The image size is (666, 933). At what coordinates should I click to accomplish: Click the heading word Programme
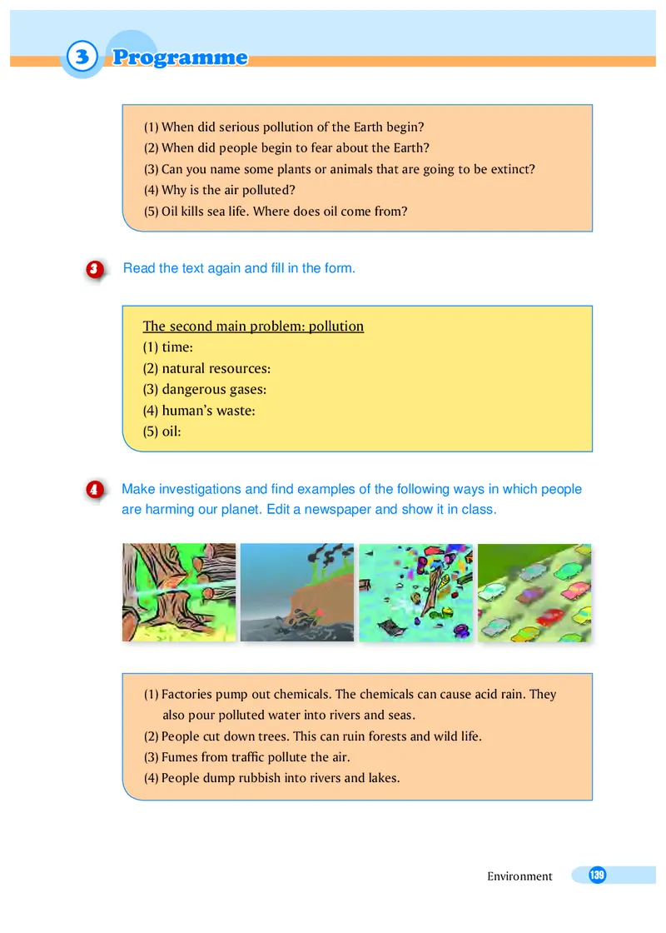pos(180,57)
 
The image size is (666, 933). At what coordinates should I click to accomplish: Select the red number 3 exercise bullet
pos(94,269)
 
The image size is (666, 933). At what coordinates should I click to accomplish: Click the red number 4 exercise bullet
pos(94,490)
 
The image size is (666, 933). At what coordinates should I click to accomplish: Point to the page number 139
pos(596,875)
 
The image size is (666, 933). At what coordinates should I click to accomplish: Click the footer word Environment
pos(519,876)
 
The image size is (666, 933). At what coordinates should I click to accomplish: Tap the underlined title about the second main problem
pos(253,327)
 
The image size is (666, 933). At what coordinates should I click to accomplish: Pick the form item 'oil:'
pos(162,432)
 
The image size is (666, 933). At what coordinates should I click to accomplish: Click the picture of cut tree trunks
pos(179,592)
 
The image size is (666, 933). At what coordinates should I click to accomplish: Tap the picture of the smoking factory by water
pos(296,592)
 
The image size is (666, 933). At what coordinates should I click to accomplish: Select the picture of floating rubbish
pos(415,592)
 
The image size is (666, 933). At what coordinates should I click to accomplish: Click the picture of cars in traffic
pos(534,592)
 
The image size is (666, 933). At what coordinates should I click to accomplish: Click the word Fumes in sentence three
pos(179,757)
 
